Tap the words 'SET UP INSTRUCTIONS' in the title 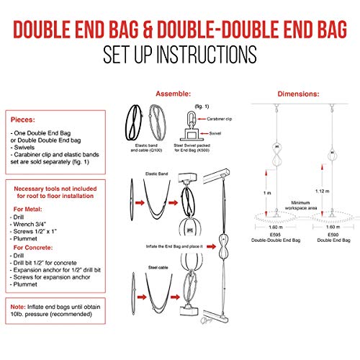click(180, 53)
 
